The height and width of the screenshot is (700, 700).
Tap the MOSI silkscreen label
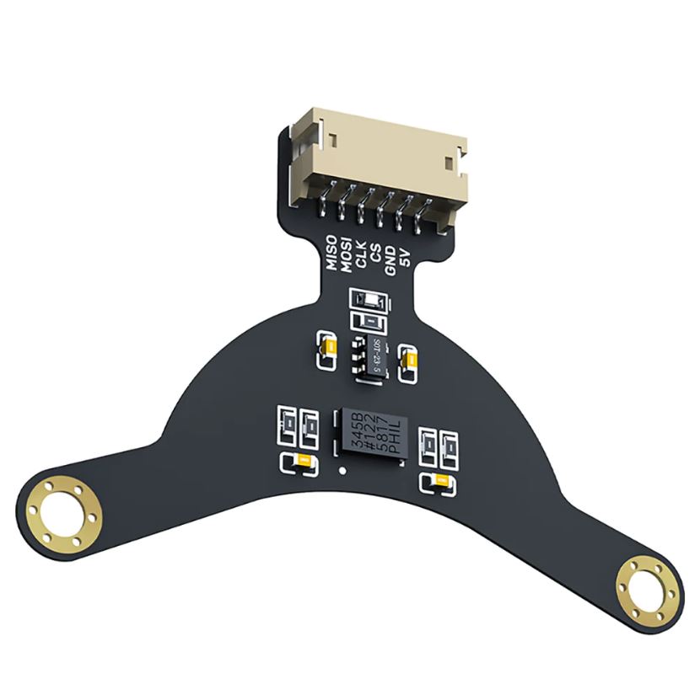(347, 251)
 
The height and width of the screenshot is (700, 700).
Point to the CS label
(376, 253)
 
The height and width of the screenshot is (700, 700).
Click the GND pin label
(390, 257)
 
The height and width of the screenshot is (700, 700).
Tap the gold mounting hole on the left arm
(59, 516)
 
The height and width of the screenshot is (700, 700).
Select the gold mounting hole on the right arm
(648, 589)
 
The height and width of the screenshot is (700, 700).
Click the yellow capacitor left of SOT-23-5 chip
(326, 349)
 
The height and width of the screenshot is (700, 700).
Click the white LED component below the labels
(369, 301)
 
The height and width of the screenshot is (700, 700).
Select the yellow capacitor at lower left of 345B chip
(300, 461)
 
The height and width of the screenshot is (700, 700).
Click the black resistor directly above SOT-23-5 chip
(369, 321)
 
